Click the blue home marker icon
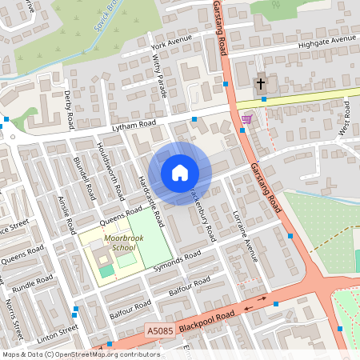tap(180, 173)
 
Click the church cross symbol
tap(260, 84)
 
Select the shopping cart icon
tap(246, 120)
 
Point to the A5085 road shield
tap(159, 330)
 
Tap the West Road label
tap(347, 118)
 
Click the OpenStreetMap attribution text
tap(80, 354)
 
